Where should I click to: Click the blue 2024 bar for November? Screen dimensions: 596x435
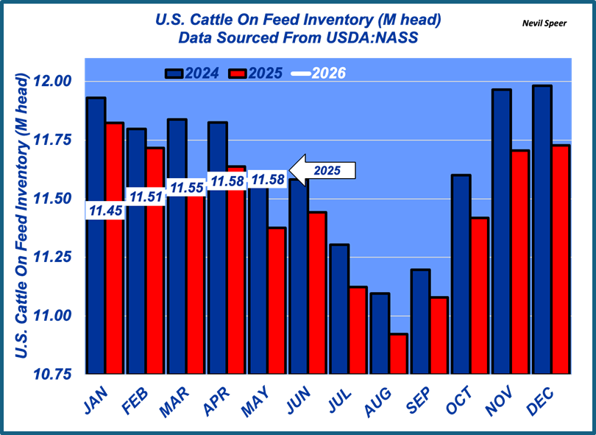501,232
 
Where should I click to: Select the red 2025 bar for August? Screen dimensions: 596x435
398,354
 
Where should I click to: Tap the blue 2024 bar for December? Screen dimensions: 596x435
542,230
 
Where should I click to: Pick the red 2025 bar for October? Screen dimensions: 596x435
479,296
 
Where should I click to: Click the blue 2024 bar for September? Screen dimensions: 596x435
420,322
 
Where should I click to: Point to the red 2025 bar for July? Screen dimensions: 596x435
358,330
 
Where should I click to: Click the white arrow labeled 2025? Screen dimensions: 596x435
322,170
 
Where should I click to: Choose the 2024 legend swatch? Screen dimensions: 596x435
174,74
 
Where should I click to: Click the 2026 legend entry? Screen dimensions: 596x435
319,74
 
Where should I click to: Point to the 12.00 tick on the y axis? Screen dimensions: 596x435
52,81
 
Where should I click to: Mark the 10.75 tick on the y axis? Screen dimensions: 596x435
52,375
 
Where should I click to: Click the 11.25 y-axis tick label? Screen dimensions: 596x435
52,257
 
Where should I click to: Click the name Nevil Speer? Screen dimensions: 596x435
544,24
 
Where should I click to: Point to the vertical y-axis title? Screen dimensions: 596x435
21,216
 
